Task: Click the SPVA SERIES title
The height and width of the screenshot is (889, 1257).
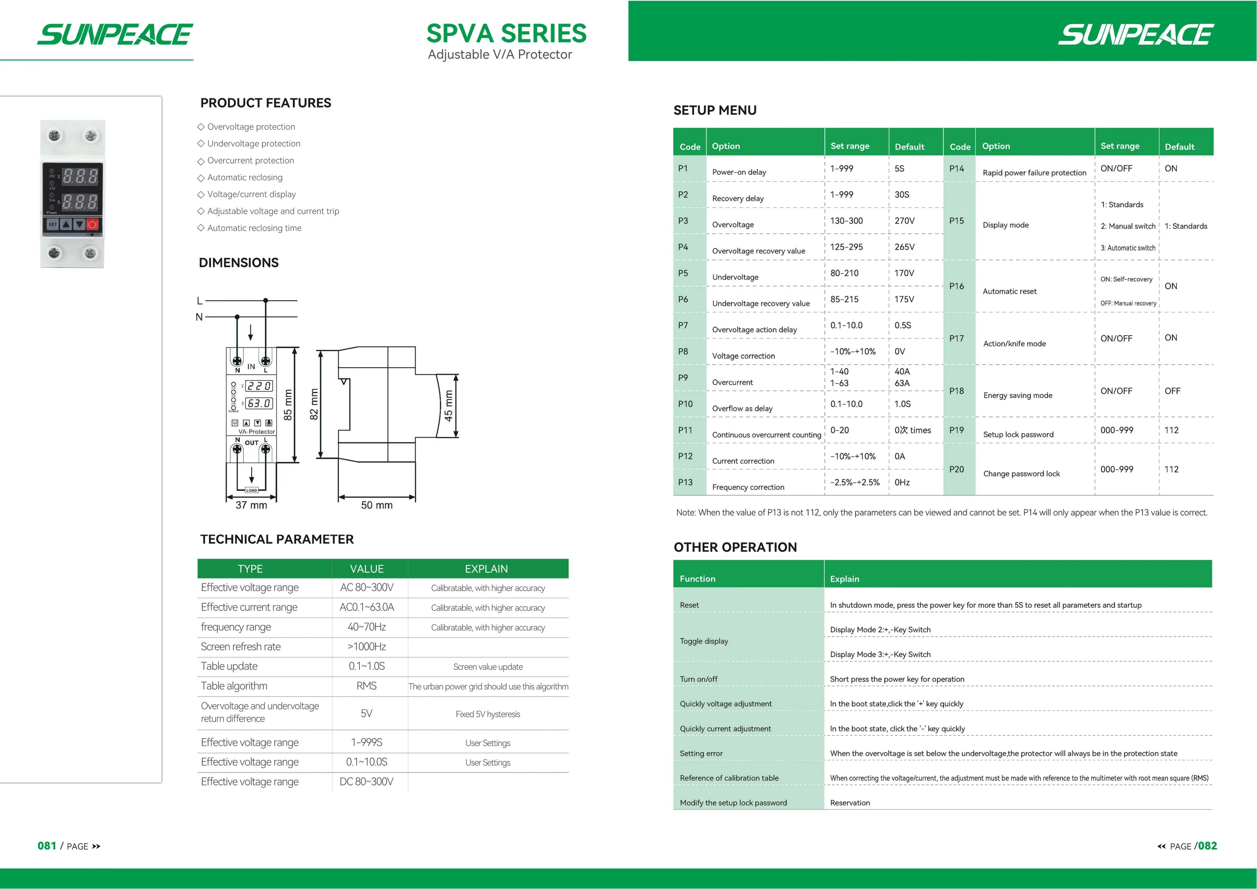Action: pyautogui.click(x=506, y=33)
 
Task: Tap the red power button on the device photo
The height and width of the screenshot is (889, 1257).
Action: pyautogui.click(x=92, y=225)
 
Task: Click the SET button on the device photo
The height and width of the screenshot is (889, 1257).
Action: pyautogui.click(x=52, y=225)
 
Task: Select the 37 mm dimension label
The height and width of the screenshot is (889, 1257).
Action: pyautogui.click(x=251, y=505)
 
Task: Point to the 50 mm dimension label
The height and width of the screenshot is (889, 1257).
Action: pyautogui.click(x=377, y=505)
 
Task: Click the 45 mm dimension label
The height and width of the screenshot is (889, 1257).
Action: pyautogui.click(x=449, y=406)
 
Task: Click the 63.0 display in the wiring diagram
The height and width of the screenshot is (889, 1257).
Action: pyautogui.click(x=258, y=403)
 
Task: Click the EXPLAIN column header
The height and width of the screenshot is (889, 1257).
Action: pyautogui.click(x=486, y=569)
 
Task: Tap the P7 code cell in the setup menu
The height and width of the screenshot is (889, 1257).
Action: pyautogui.click(x=683, y=325)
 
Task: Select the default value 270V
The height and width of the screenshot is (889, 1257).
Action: pyautogui.click(x=904, y=220)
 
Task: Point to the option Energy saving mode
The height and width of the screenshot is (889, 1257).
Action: pyautogui.click(x=1018, y=395)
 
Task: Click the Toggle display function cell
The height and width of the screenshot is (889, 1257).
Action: pyautogui.click(x=704, y=641)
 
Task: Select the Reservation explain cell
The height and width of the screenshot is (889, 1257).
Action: pyautogui.click(x=850, y=802)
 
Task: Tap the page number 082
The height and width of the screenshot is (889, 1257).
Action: pyautogui.click(x=1207, y=846)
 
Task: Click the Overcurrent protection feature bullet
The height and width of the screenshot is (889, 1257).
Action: pyautogui.click(x=250, y=160)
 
